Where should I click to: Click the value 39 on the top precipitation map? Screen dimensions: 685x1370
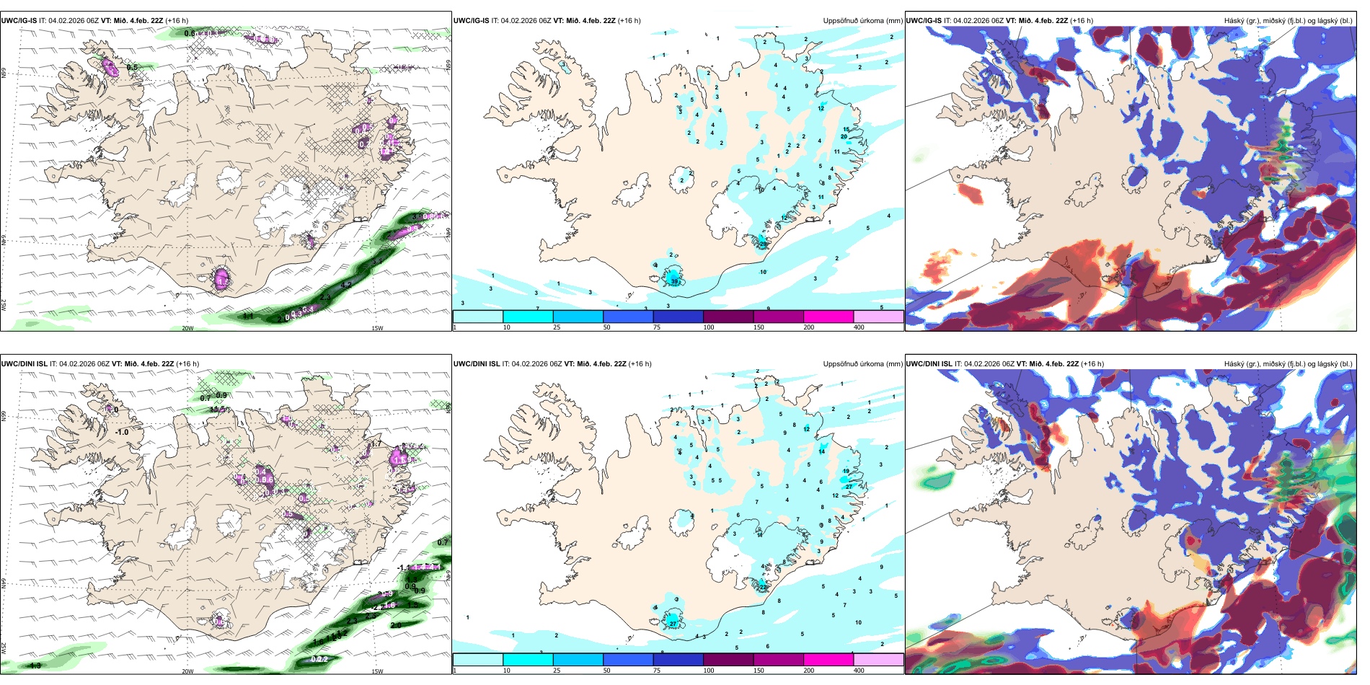[675, 281]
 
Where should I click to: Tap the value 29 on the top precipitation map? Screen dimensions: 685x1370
[764, 244]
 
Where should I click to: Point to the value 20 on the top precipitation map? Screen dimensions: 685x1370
[844, 136]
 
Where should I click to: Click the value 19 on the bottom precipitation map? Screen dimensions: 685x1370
[847, 471]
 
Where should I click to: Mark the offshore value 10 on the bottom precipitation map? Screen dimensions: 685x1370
[858, 622]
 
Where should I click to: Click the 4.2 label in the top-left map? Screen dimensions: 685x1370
[346, 285]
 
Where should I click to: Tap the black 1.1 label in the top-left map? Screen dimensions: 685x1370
[247, 316]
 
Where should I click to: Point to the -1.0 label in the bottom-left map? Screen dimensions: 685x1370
[123, 433]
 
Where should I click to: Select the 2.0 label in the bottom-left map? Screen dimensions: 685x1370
[396, 625]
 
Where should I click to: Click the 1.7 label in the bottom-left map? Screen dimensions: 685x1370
[375, 444]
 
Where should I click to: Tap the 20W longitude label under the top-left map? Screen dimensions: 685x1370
[187, 328]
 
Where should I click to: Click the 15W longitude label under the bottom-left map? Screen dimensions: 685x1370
[377, 671]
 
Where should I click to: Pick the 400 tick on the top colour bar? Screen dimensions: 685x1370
[859, 327]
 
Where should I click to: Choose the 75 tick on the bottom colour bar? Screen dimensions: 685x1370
[657, 671]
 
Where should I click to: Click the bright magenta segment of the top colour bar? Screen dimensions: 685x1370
[828, 317]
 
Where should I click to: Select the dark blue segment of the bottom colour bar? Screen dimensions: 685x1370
[678, 659]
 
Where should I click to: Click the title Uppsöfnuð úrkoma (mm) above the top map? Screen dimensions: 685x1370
[862, 21]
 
